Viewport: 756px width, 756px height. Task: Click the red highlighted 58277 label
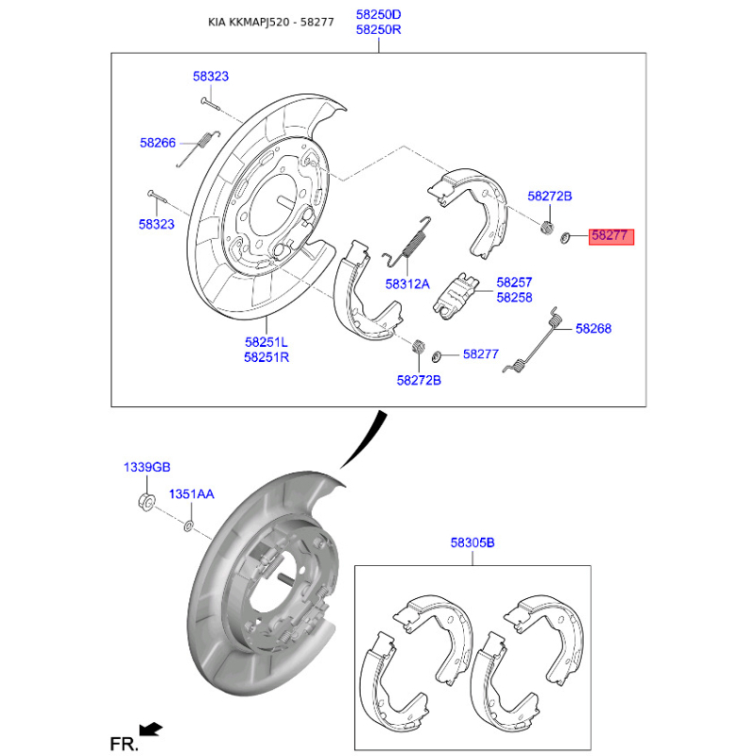pos(610,236)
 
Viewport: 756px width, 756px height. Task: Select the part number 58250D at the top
pos(379,14)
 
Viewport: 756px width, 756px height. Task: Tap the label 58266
pos(158,143)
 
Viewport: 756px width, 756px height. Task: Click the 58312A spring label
pos(407,284)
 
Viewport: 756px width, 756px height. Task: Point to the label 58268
pos(593,328)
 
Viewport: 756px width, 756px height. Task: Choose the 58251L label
pos(266,342)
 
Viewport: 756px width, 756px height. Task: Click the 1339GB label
pos(147,467)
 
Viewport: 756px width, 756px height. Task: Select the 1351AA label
pos(192,493)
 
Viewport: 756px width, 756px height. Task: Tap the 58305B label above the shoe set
pos(472,542)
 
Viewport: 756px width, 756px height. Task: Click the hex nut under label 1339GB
pos(146,502)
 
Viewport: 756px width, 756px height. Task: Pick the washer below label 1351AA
pos(188,526)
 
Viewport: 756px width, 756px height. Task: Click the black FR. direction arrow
pos(150,729)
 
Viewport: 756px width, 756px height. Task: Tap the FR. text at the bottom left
pos(124,744)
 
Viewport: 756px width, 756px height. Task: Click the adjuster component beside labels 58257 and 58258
pos(455,297)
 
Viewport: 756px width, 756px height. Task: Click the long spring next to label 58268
pos(534,340)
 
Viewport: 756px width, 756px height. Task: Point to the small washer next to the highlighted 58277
pos(565,237)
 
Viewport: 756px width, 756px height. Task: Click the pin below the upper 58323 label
pos(210,103)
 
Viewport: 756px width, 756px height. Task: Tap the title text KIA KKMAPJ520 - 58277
pos(271,22)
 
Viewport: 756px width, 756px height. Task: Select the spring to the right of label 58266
pos(198,148)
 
